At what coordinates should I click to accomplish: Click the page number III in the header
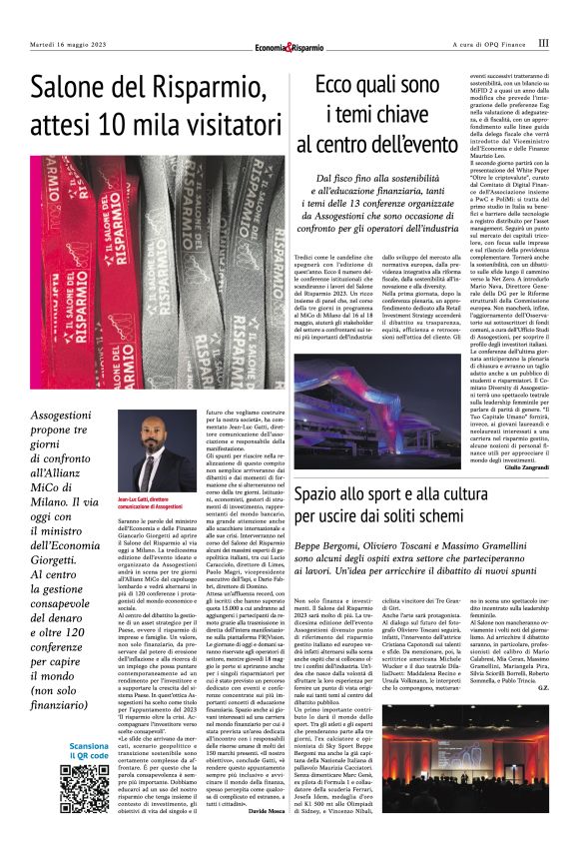[543, 44]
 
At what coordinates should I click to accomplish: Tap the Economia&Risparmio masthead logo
[289, 46]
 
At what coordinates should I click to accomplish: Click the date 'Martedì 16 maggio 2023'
[68, 45]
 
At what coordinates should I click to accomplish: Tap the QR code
[83, 790]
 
